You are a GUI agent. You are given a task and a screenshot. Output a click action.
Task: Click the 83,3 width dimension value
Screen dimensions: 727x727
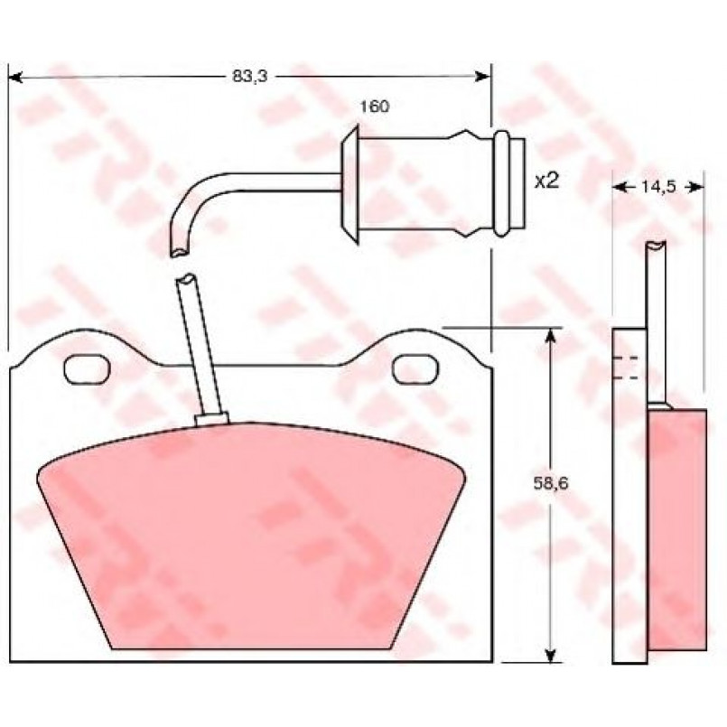(250, 77)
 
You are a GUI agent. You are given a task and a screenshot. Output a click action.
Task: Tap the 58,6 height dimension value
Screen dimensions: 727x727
(550, 484)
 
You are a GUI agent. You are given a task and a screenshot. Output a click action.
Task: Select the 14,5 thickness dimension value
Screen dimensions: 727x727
(659, 187)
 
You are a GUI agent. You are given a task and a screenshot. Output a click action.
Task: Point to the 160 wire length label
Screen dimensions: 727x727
(375, 107)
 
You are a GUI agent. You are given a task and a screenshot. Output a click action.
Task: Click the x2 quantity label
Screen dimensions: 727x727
(547, 181)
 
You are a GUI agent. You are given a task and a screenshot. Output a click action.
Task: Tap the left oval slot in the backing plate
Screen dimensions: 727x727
(88, 369)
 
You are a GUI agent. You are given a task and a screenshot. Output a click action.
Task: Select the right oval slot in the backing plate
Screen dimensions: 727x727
(415, 369)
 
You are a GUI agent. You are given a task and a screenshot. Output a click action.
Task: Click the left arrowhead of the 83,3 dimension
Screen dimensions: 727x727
(15, 77)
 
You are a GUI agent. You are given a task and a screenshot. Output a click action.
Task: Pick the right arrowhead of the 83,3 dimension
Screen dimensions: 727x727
(483, 77)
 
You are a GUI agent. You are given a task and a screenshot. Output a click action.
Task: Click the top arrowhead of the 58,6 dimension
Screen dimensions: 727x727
(550, 335)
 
